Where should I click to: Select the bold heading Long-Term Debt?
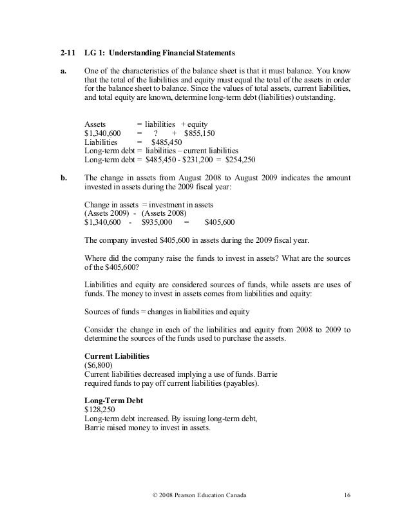coord(113,399)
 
